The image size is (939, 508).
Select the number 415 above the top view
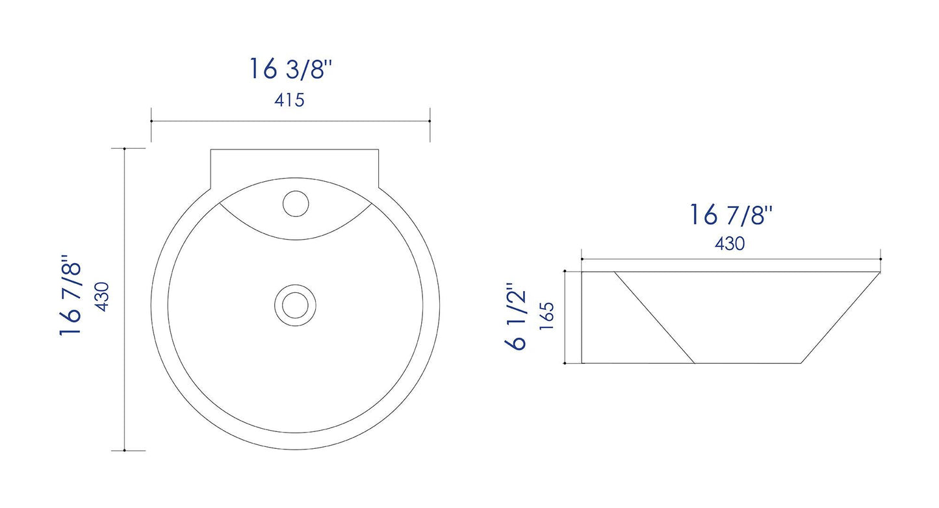tap(289, 101)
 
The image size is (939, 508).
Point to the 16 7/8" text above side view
tap(730, 214)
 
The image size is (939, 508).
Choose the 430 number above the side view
tap(730, 244)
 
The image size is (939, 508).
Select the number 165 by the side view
tap(547, 316)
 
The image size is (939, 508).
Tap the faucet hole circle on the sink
tap(295, 203)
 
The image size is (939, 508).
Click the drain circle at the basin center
tap(295, 303)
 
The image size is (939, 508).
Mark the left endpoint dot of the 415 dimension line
tap(151, 121)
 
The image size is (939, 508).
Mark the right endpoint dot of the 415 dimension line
tap(430, 121)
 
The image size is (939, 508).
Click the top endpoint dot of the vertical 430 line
tap(124, 149)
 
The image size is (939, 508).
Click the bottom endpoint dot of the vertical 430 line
tap(124, 450)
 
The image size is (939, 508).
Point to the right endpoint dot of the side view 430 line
tap(881, 259)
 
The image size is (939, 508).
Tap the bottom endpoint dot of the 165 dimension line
tap(565, 363)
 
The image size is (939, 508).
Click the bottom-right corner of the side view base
tap(801, 363)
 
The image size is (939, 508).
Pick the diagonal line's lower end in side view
tap(695, 363)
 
